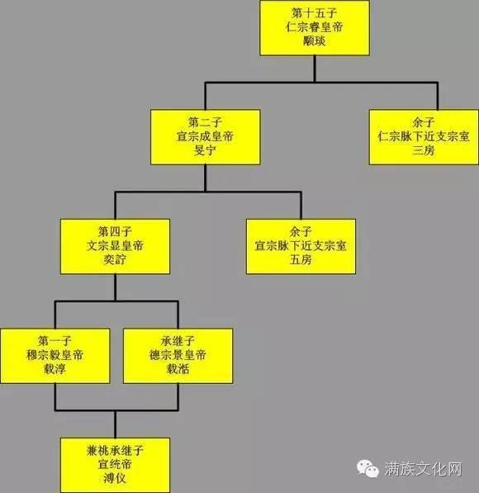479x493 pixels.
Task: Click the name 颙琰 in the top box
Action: tap(314, 40)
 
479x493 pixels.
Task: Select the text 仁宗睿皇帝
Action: tap(314, 27)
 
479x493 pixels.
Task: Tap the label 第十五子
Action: tap(314, 13)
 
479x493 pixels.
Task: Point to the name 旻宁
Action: tap(205, 150)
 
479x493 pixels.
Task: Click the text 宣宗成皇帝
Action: tap(205, 136)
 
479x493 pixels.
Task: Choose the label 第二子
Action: tap(205, 122)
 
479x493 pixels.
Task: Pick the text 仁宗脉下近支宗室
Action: tap(424, 136)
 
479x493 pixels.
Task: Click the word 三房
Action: tap(424, 150)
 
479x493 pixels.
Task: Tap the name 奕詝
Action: tap(115, 259)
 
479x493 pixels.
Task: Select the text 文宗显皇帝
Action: tap(115, 245)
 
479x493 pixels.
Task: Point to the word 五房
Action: tap(301, 259)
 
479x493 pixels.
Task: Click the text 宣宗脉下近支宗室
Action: tap(301, 245)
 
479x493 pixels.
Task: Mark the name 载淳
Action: tap(55, 369)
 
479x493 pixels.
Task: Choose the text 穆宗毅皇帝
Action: tap(55, 355)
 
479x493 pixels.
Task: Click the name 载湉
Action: tap(178, 369)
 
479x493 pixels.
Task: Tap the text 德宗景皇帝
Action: tap(178, 355)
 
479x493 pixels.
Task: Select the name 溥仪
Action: tap(115, 478)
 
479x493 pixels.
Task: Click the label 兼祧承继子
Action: tap(115, 451)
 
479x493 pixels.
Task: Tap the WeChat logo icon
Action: tap(368, 469)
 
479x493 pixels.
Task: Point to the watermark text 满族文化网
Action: tap(423, 469)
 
